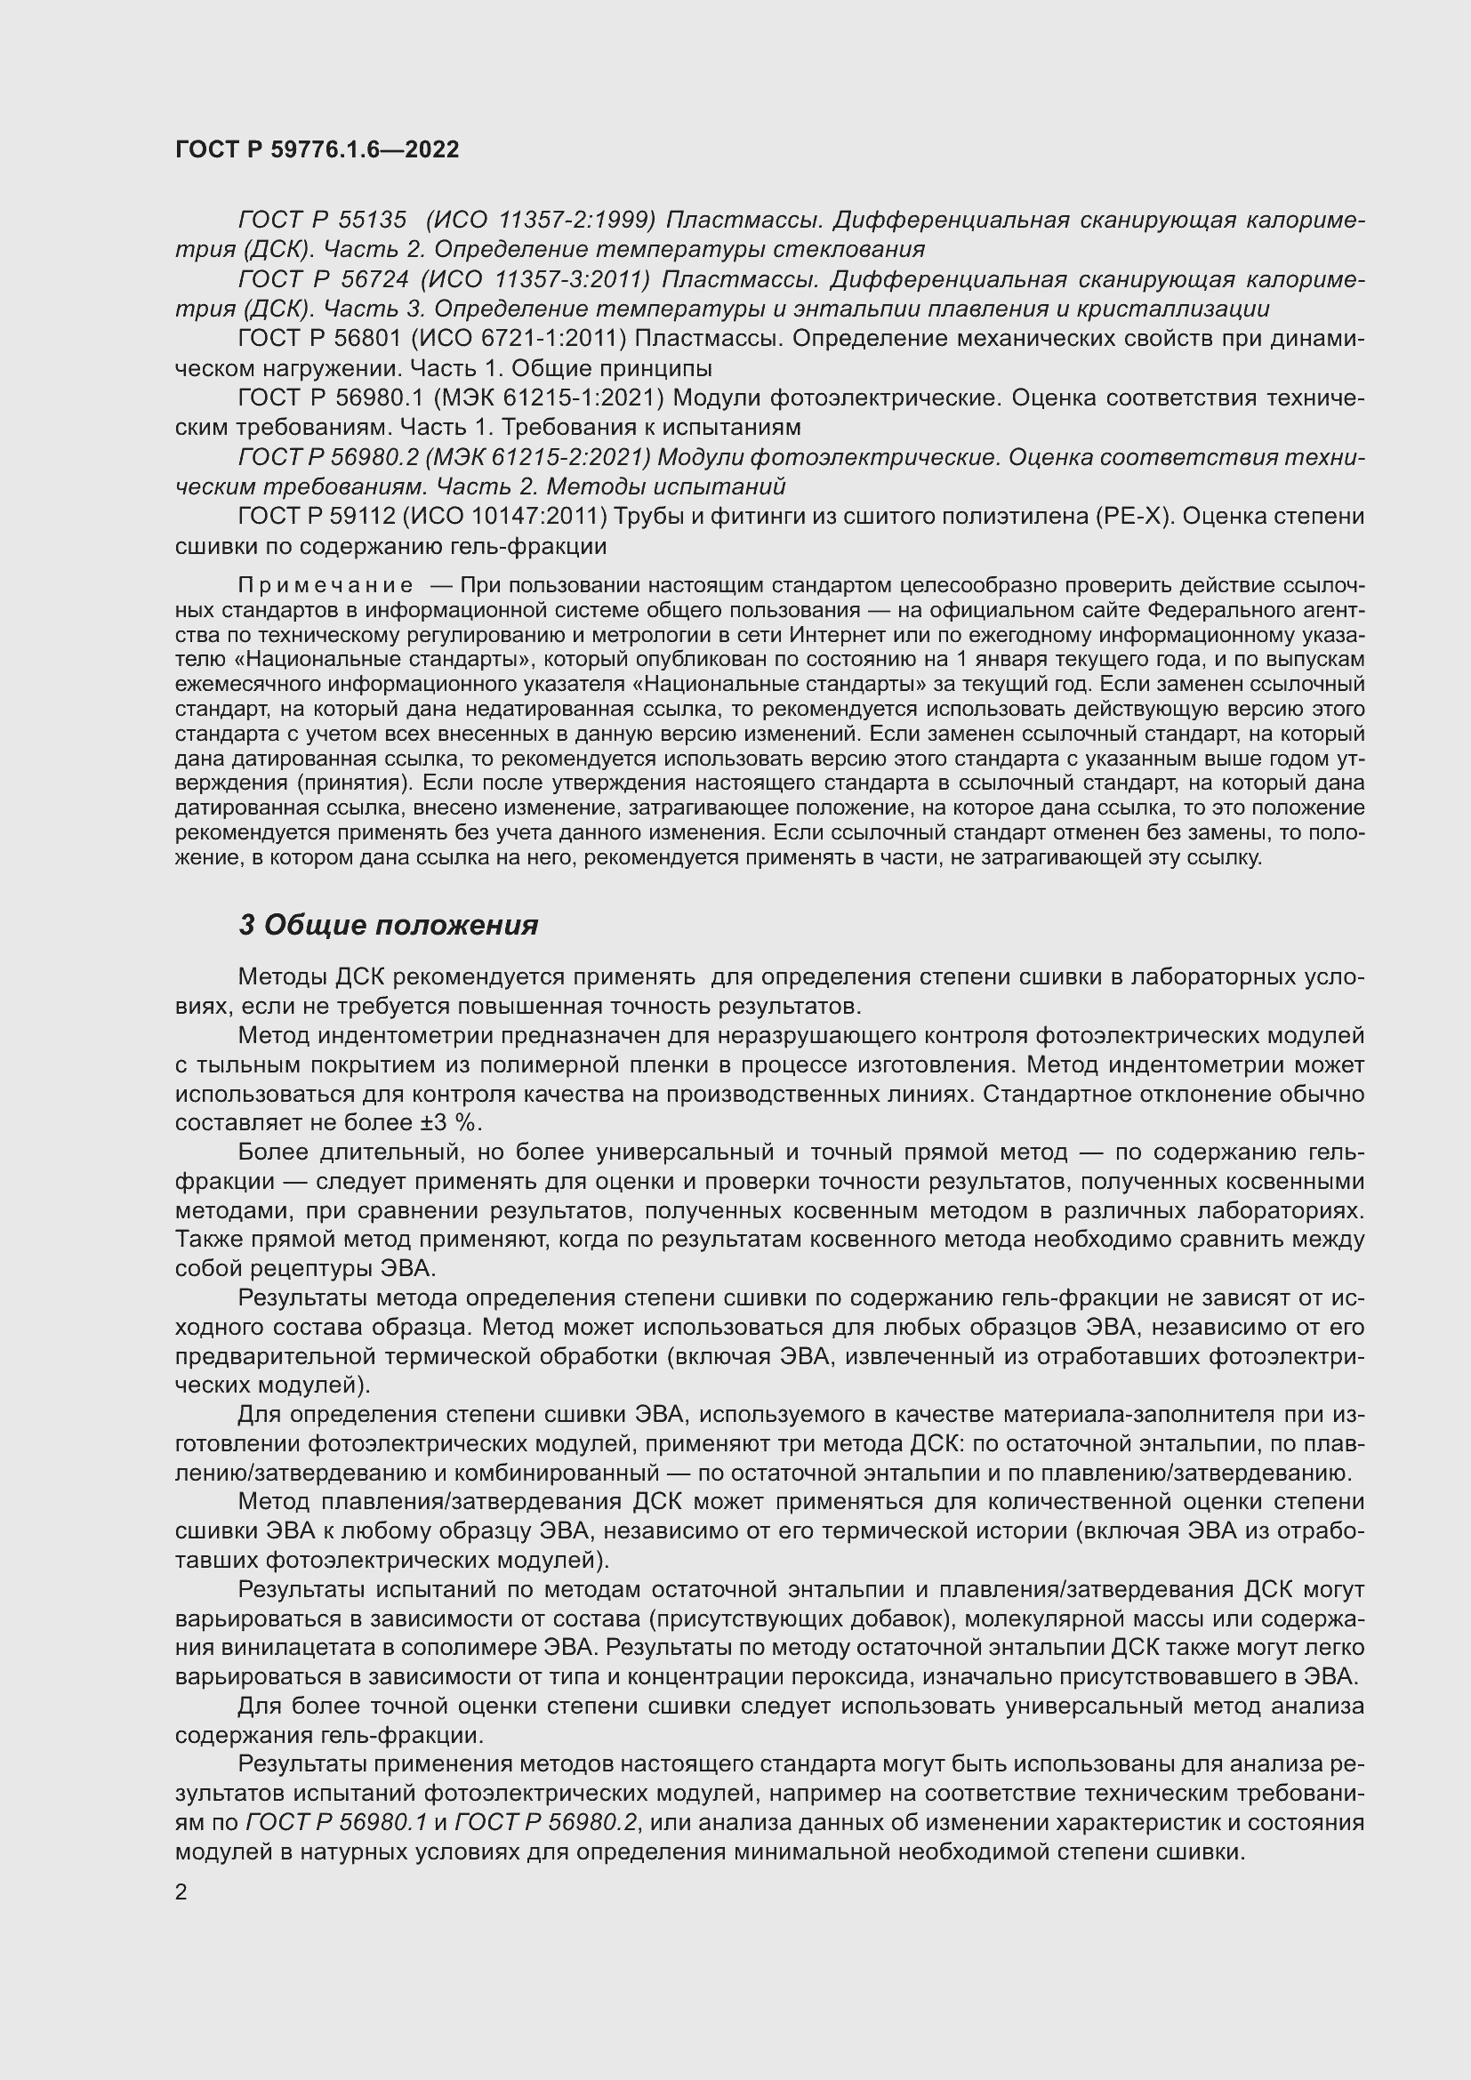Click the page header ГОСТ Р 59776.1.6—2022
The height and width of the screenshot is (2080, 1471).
coord(317,149)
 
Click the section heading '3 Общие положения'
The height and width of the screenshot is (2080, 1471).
coord(388,925)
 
